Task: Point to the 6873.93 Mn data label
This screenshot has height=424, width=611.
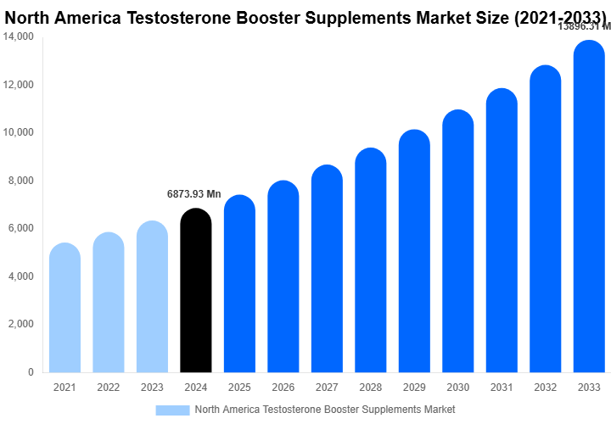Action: [193, 194]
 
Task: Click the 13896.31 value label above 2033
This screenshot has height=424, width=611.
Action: [584, 27]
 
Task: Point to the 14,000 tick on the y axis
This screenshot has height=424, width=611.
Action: [18, 37]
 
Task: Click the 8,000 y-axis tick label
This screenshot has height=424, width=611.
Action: [20, 181]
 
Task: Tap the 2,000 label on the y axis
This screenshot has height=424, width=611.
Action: [20, 324]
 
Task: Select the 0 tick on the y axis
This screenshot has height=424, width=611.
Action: [30, 372]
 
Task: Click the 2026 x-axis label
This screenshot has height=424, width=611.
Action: [283, 388]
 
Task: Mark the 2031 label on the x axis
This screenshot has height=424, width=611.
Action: [502, 388]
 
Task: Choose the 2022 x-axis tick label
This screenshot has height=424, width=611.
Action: [109, 388]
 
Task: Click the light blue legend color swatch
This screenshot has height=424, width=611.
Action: [172, 410]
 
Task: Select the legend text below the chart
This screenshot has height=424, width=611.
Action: [325, 410]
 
